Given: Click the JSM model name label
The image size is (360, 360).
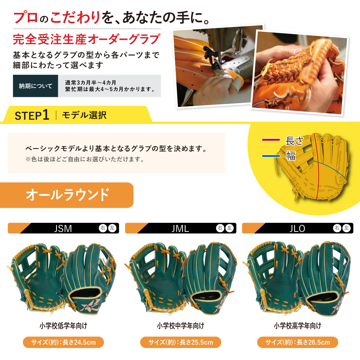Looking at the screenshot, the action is [x=63, y=228].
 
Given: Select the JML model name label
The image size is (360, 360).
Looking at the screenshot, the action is [x=180, y=228].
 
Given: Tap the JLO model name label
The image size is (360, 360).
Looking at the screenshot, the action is [x=297, y=228].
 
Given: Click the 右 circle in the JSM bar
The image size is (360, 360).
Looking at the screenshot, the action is [x=103, y=228].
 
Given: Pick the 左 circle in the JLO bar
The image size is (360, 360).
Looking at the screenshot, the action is [x=346, y=228].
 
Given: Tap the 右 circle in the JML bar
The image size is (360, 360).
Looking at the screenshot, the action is [x=220, y=228].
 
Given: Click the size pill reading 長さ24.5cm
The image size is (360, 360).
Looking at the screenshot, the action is [x=63, y=342].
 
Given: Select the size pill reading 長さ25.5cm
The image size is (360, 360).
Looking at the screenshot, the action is [x=181, y=342].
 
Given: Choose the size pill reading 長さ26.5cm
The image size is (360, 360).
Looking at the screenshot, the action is [x=298, y=342].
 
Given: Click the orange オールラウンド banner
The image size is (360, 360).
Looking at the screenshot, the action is [x=67, y=195].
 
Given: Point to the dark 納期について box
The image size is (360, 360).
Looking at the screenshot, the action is [x=35, y=86].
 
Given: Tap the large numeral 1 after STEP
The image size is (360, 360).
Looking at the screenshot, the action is [x=46, y=115].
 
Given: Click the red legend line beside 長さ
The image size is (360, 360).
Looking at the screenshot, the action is [x=271, y=139].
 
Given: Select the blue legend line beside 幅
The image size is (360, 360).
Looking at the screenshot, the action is [x=271, y=156].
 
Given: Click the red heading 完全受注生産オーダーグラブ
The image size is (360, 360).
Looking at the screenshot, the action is [x=87, y=39].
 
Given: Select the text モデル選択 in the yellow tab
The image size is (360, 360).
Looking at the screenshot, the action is [x=84, y=115].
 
